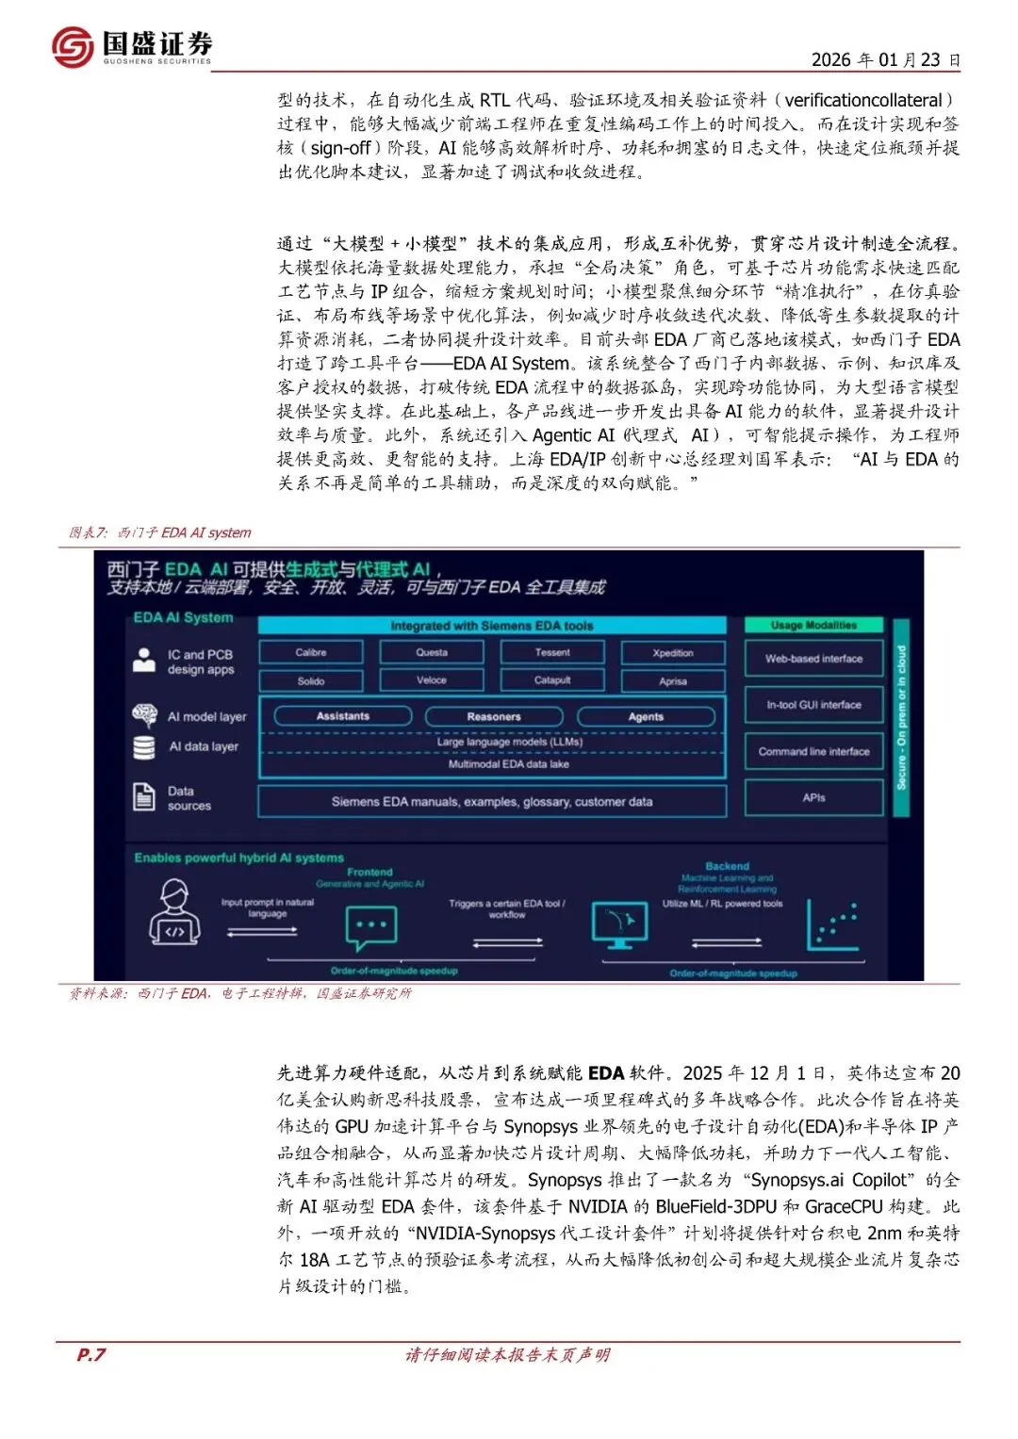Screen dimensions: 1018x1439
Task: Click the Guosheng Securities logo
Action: tap(132, 46)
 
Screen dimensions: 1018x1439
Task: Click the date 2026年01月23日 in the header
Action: tap(885, 59)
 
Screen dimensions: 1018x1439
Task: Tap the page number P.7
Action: tap(91, 1354)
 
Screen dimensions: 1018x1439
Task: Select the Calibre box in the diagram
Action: tap(310, 652)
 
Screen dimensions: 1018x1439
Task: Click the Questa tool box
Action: tap(432, 652)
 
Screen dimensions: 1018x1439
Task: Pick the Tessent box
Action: tap(552, 652)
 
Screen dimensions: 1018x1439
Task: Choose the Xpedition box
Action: tap(673, 653)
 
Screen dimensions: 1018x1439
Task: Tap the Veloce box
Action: tap(432, 679)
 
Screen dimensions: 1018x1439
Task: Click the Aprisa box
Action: tap(673, 680)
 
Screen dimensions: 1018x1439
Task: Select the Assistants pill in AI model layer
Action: tap(343, 716)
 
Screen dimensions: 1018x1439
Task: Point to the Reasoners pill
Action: tap(494, 717)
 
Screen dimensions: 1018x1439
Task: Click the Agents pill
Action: tap(646, 717)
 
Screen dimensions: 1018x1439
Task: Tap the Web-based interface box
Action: tap(813, 659)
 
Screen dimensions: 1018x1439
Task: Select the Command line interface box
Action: tap(813, 751)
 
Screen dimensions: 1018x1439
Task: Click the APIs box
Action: tap(813, 797)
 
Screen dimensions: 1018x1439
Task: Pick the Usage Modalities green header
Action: tap(813, 625)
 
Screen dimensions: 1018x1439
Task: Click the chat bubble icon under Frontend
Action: tap(370, 928)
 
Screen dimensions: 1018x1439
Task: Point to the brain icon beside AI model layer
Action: tap(144, 715)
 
